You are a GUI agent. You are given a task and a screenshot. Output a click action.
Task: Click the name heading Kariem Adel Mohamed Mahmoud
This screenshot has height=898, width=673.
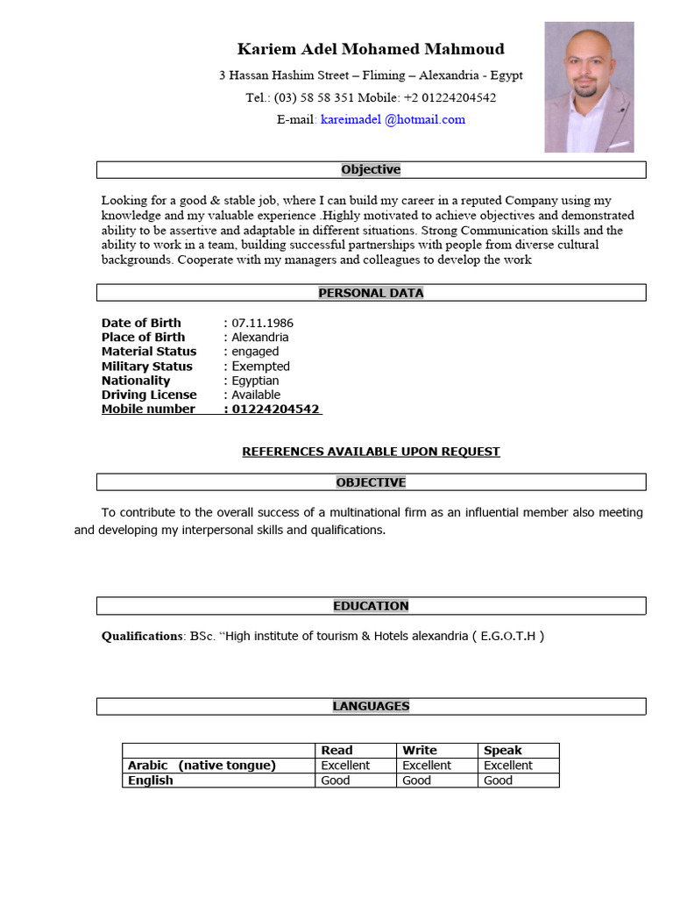coord(371,49)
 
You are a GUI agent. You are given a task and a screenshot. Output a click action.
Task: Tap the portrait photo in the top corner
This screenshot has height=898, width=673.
coord(589,87)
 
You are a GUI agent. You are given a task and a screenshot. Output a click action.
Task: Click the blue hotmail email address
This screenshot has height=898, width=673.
coord(393,119)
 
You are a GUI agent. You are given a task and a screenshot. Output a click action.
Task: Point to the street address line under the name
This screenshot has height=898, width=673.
coord(371,75)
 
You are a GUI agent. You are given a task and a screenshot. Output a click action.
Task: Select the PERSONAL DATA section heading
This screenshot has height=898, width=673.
coord(371,293)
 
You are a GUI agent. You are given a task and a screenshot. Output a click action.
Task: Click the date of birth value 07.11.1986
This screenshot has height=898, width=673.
coord(262,323)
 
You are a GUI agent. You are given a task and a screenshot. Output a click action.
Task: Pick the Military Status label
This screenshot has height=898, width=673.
coord(146,367)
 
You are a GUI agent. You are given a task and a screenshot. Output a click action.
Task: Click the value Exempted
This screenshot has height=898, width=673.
coord(260,367)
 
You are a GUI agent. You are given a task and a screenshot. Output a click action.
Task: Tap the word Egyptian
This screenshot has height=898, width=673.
coord(255,381)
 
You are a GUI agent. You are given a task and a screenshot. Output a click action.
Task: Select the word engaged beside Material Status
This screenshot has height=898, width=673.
coord(255,352)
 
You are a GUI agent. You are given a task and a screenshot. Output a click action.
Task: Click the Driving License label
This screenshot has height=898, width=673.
coord(149,395)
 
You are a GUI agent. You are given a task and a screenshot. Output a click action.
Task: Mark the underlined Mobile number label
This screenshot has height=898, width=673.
coord(148,410)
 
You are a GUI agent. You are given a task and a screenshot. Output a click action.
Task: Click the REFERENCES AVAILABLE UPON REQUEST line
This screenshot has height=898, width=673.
coord(371,452)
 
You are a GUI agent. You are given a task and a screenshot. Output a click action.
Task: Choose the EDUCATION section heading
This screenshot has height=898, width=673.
coord(371,606)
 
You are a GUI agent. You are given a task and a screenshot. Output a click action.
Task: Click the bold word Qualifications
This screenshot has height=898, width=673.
coord(142,636)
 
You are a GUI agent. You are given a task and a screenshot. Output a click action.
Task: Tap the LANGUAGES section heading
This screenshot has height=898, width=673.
coord(371,706)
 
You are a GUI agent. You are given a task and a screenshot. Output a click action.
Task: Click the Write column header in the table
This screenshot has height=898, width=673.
coord(419,751)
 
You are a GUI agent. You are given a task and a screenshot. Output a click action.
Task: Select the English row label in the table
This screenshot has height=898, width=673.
coord(151,780)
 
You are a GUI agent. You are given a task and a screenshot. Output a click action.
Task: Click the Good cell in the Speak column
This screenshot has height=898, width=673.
coord(498,780)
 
